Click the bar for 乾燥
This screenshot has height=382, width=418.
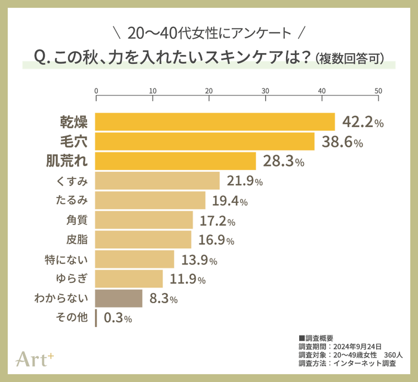(215, 122)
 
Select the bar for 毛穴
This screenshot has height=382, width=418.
(205, 141)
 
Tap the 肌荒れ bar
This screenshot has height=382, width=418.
(176, 161)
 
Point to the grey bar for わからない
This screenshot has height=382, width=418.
(119, 298)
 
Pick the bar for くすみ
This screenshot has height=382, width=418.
(158, 181)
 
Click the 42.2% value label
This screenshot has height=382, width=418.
(362, 122)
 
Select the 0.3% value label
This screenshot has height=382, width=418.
(117, 318)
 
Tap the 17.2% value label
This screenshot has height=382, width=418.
(217, 221)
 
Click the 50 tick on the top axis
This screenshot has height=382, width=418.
(378, 91)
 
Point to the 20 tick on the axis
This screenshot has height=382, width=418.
(209, 91)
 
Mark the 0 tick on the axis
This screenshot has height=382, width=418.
(96, 91)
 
